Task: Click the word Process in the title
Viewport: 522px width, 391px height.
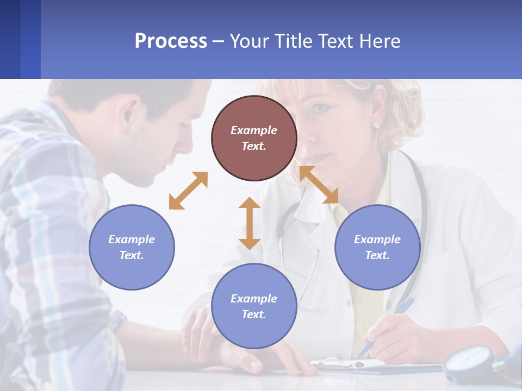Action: coord(171,41)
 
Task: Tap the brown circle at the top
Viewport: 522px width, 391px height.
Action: coord(254,138)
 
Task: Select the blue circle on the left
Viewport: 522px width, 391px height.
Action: coord(132,247)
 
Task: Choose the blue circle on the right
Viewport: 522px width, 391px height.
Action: coord(377,247)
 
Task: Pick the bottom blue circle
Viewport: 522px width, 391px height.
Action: coord(254,306)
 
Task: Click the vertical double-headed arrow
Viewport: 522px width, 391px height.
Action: coord(250,223)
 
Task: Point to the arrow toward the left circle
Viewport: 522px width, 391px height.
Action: coord(188,190)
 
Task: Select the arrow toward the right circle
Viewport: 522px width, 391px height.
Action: coord(319,185)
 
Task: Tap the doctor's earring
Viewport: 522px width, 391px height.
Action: coord(376,125)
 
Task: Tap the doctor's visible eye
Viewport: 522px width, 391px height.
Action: coord(321,108)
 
